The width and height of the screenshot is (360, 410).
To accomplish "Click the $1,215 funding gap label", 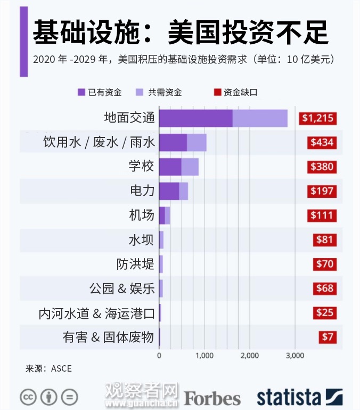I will pyautogui.click(x=318, y=118).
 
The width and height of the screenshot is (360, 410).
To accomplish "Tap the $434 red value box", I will pyautogui.click(x=322, y=142).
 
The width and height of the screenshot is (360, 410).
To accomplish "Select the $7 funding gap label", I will pyautogui.click(x=328, y=337).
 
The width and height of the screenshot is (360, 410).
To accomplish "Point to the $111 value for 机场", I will pyautogui.click(x=323, y=215).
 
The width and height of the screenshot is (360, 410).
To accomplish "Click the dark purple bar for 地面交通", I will pyautogui.click(x=195, y=118).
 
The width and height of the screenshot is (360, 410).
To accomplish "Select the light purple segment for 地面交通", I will pyautogui.click(x=260, y=118).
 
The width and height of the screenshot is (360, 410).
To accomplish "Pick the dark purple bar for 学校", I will pyautogui.click(x=170, y=166).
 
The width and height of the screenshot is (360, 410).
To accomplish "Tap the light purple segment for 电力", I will pyautogui.click(x=184, y=191).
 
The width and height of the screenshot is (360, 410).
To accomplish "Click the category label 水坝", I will pyautogui.click(x=141, y=240).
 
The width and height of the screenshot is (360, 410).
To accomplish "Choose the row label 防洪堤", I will pyautogui.click(x=135, y=264).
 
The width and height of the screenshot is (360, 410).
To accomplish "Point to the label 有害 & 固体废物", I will pyautogui.click(x=108, y=337).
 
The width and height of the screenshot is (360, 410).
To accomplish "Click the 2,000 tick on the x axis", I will pyautogui.click(x=250, y=356).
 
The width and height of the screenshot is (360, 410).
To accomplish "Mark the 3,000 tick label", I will pyautogui.click(x=295, y=356).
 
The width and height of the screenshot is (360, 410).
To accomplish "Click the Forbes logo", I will pyautogui.click(x=212, y=397).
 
